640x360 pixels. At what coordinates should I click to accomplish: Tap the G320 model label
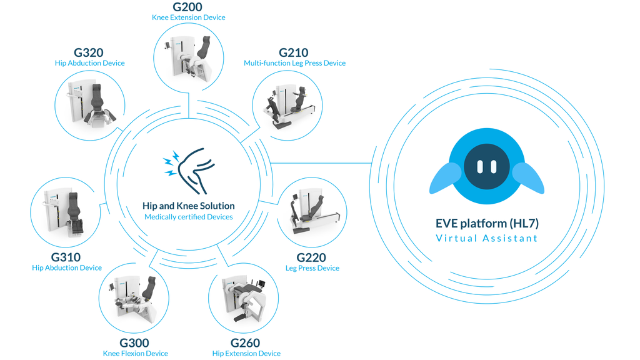coord(88,52)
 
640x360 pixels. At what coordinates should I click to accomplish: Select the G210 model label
coord(294,52)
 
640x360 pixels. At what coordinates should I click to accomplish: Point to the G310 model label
coord(66,257)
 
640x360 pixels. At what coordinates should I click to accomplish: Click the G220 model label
coord(311,257)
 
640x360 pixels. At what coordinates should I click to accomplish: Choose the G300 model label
coord(134,342)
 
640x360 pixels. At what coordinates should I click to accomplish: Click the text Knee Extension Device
coord(188,17)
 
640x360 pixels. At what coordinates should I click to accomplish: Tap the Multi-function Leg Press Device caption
coord(294,63)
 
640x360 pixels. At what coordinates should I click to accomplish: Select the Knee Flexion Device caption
coord(135,353)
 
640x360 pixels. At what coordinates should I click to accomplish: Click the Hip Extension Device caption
coord(246,353)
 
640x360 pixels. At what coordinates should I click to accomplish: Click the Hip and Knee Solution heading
coord(188,206)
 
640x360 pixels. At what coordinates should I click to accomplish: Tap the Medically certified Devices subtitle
coord(188,217)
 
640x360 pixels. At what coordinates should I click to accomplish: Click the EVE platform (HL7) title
coord(486,224)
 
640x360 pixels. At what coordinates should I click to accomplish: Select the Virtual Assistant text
coord(486,238)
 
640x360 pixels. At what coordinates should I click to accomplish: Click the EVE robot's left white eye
coord(480,167)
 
